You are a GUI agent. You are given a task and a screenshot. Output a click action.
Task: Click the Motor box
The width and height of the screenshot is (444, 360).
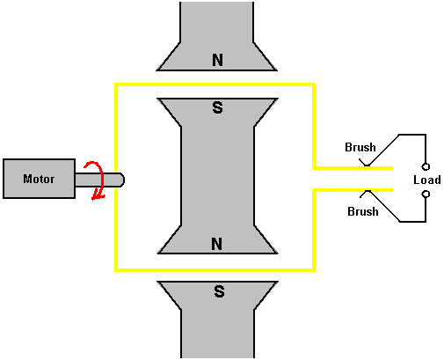pos(39,179)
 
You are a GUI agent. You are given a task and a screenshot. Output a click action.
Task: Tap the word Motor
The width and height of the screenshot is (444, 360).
pos(39,179)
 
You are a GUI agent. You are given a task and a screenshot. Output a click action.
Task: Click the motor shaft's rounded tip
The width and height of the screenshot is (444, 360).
pos(122,180)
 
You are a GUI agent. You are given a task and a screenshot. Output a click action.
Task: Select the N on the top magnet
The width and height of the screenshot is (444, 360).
pos(217,60)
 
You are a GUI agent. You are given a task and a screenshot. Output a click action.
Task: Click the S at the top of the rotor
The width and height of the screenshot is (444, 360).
pos(217,107)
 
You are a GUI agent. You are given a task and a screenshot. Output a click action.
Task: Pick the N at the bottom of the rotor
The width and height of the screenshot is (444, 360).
pos(216,244)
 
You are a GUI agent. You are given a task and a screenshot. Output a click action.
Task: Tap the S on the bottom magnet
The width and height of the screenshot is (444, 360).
pos(219,291)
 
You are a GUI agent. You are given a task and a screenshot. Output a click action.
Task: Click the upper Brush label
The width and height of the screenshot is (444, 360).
pos(360,147)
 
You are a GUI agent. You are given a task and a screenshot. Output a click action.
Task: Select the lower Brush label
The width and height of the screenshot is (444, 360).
pos(363,211)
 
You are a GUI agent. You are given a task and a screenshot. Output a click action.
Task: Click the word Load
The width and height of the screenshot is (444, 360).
pos(427,180)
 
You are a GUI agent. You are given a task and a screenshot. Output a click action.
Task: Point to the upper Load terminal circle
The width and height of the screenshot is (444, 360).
pos(426,166)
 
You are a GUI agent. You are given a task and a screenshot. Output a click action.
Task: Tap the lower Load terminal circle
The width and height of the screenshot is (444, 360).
pos(426,194)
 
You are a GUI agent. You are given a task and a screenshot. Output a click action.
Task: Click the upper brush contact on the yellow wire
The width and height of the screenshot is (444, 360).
pos(367,166)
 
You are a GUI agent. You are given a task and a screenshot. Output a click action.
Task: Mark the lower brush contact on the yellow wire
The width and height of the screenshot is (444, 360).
pos(368,191)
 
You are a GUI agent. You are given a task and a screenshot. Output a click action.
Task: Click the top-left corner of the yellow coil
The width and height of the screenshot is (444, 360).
pos(116,84)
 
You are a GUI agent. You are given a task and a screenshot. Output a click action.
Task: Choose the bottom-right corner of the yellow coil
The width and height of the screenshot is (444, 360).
pos(314,269)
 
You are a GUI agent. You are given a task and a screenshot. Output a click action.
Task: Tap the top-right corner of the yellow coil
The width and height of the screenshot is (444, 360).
pos(314,84)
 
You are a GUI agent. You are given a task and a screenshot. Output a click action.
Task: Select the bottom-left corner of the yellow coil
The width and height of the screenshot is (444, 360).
pos(116,269)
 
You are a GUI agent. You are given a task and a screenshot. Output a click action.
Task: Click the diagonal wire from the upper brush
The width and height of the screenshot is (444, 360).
pos(383,150)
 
